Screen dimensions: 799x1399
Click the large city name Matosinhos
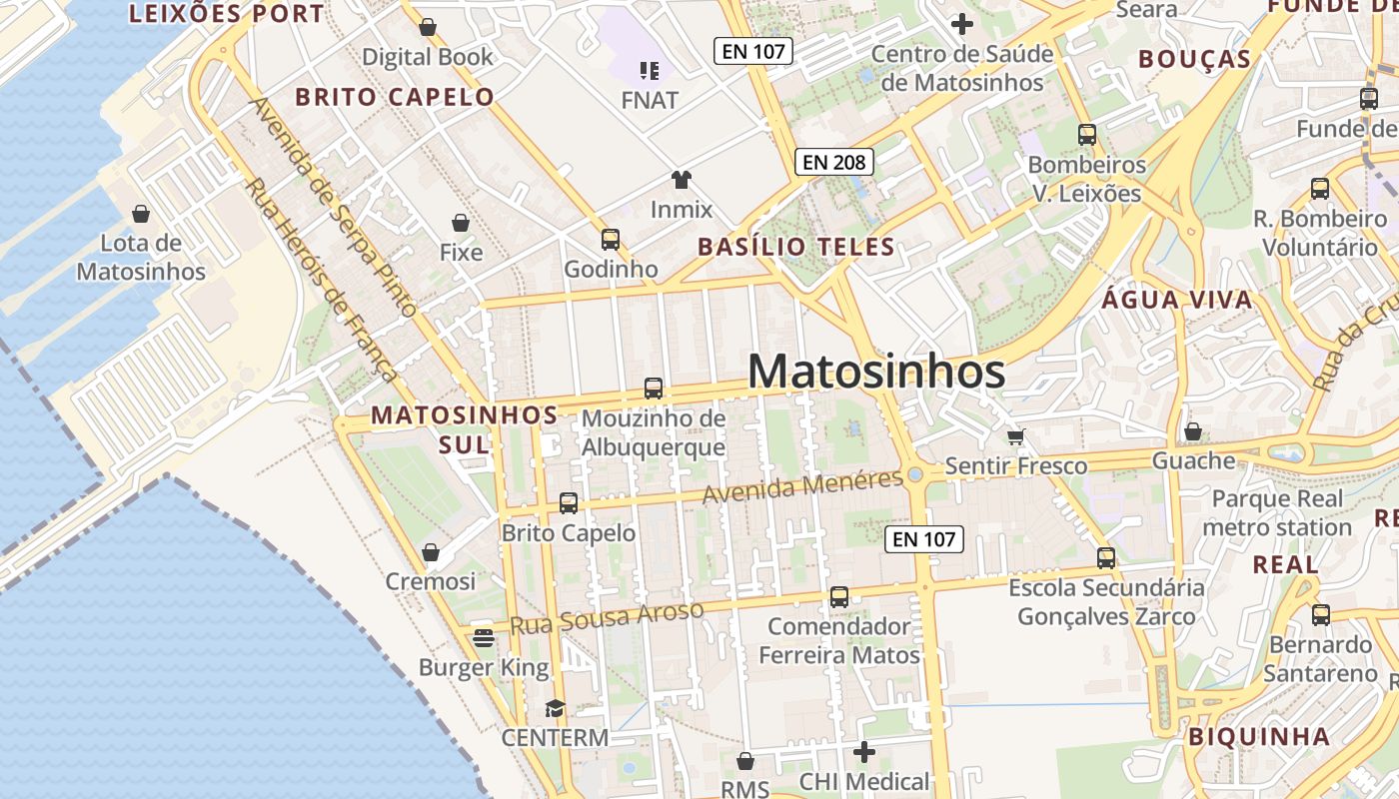(876, 372)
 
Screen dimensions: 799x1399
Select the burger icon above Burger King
(484, 637)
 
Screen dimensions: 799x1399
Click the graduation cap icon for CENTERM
(555, 708)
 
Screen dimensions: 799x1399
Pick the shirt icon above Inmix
(682, 180)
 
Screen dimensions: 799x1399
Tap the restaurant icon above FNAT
(650, 70)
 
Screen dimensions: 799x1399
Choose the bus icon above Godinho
(611, 240)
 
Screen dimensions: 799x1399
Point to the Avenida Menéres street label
(802, 486)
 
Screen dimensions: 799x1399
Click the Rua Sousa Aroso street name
(607, 617)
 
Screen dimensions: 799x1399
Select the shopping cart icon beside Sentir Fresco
(1016, 436)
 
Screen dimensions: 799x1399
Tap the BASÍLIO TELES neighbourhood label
(795, 247)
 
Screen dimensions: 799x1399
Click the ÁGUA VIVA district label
(1177, 300)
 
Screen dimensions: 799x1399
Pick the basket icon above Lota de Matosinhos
(141, 214)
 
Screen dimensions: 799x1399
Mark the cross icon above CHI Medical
(864, 751)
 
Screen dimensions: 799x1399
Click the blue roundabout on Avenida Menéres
(915, 475)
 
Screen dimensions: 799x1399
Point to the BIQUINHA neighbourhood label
(1259, 737)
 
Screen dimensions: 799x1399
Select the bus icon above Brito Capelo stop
(569, 503)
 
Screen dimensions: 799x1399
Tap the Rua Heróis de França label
(322, 280)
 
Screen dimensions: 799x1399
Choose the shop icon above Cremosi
(431, 552)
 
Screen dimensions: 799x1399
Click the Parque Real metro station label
(1277, 512)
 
